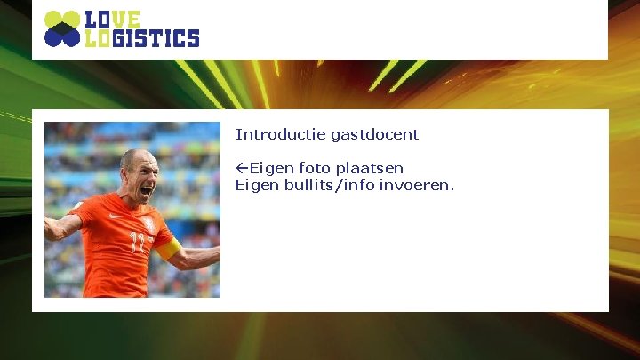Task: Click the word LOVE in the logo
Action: click(113, 20)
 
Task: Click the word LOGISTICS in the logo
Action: click(141, 38)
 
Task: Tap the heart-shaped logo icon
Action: click(62, 28)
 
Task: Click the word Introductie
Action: click(281, 135)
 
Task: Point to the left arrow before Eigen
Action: click(242, 168)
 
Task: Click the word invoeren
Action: click(419, 185)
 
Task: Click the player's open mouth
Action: click(148, 189)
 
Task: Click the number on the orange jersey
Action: click(138, 242)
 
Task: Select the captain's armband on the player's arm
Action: click(169, 249)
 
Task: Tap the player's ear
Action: click(124, 183)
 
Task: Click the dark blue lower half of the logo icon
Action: click(62, 36)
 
